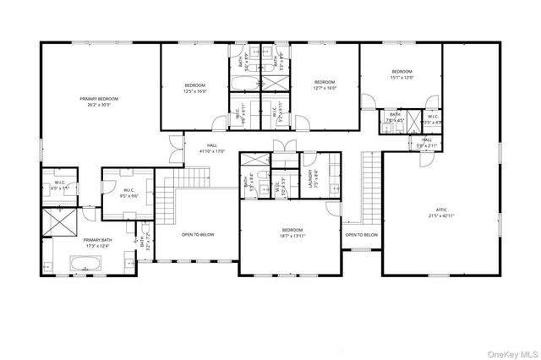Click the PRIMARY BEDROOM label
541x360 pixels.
point(99,99)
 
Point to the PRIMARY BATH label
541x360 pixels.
point(97,240)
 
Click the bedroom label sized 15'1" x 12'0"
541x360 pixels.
point(402,71)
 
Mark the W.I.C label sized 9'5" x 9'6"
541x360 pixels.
point(129,190)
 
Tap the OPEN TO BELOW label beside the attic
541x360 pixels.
point(361,234)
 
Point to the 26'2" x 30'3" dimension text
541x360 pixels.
point(99,105)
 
